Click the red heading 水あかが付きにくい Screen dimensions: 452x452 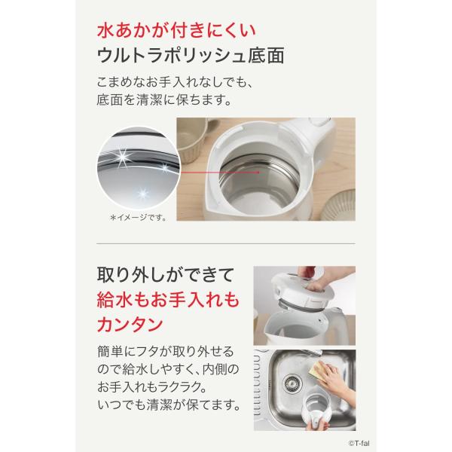pos(176,31)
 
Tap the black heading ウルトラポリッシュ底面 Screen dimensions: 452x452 pos(191,55)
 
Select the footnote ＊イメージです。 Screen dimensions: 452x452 pos(138,218)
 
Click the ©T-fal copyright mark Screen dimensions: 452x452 pos(359,444)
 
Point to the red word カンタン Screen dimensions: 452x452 pos(130,324)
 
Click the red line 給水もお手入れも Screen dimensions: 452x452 pos(168,300)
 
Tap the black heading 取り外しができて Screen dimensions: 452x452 pos(165,275)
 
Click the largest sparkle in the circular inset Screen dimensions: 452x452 pos(123,157)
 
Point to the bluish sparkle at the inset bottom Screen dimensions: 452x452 pos(142,194)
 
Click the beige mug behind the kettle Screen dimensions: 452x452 pos(193,139)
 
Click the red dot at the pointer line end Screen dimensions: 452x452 pos(258,173)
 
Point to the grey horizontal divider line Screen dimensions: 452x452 pos(226,243)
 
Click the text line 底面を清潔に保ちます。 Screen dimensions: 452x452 pos(163,99)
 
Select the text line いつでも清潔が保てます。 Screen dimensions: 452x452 pos(169,405)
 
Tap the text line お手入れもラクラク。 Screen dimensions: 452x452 pos(152,387)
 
